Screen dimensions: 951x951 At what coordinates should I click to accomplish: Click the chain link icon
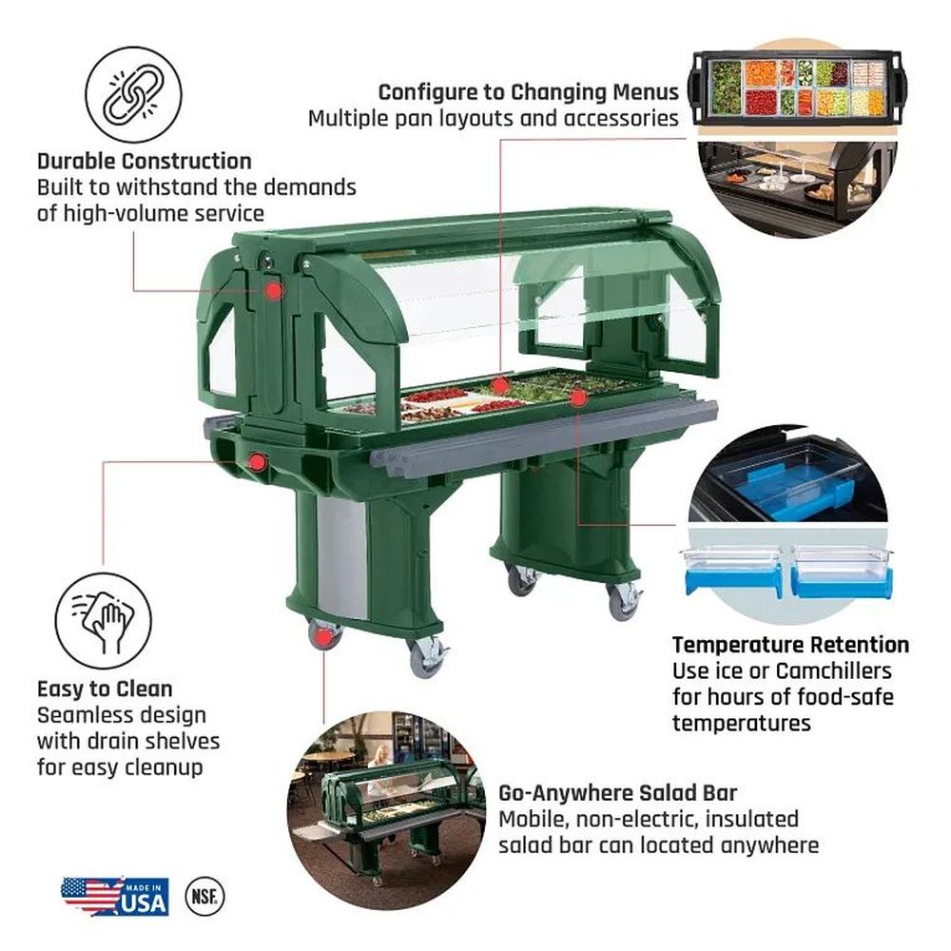click(133, 95)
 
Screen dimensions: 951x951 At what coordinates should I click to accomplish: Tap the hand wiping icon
click(103, 620)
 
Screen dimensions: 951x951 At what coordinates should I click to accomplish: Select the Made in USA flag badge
click(115, 897)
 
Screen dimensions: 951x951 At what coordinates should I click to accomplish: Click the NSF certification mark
click(204, 896)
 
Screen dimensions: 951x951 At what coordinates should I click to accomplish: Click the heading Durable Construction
click(145, 162)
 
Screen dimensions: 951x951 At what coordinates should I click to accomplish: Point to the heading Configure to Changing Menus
click(528, 92)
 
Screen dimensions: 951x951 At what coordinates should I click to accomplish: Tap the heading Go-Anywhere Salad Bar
click(617, 793)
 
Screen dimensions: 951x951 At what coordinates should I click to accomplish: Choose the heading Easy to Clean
click(105, 689)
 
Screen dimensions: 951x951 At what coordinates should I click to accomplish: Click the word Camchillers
click(833, 670)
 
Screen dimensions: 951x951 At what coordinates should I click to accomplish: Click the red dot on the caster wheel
click(324, 637)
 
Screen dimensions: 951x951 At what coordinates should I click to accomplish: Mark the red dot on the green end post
click(274, 291)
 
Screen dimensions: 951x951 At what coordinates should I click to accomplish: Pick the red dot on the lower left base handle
click(258, 462)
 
